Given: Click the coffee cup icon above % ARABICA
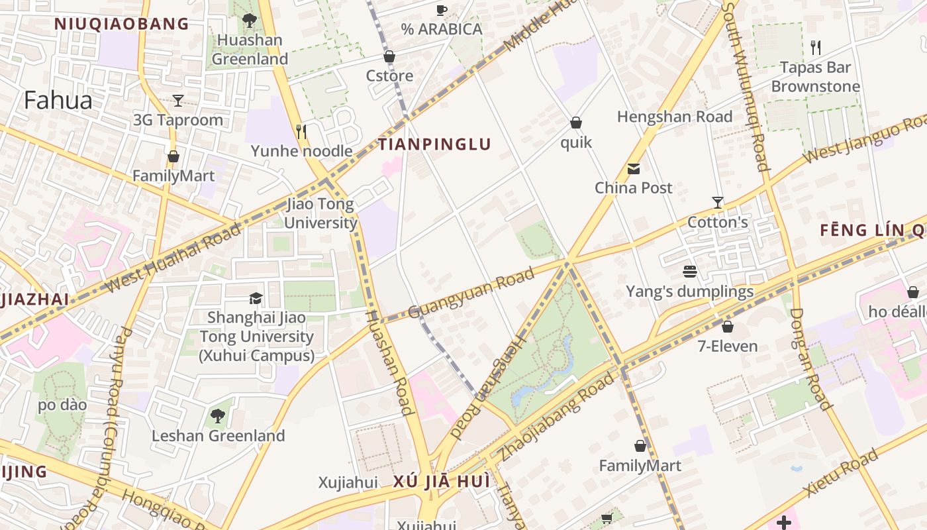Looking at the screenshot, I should point(442,10).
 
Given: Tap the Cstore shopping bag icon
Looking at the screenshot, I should point(389,57).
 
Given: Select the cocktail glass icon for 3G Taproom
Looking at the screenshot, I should point(178,101).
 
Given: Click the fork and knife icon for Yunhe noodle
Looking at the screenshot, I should point(301,132).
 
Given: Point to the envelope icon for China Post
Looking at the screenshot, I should point(634,168).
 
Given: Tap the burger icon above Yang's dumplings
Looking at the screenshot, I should point(690,272).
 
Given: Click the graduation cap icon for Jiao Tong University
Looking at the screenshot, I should point(256,298).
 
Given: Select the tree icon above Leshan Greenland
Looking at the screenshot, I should point(218,416).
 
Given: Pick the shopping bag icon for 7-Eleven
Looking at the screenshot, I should point(728,327).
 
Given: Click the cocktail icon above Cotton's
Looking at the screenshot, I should point(717,202).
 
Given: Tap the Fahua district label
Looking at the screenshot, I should point(58,100).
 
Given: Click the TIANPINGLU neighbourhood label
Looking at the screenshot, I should point(434,144).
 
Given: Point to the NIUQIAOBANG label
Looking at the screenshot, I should point(122,25).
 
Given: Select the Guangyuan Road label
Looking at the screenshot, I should point(471,293).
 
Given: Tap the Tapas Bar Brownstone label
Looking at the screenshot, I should point(815,77).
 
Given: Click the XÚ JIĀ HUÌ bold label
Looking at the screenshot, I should point(442,482).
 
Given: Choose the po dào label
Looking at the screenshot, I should point(62,405).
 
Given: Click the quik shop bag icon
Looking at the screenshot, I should point(576,123).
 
